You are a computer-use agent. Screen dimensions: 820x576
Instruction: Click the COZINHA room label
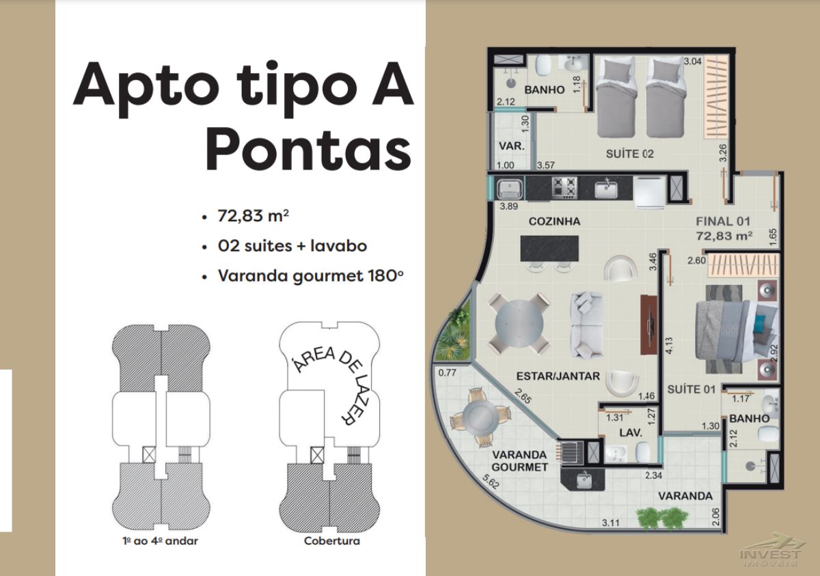(x=554, y=221)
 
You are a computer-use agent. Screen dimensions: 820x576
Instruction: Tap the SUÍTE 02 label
(x=629, y=154)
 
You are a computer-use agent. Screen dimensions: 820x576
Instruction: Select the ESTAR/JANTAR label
(x=558, y=376)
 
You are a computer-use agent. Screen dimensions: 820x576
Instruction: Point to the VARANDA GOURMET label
(x=519, y=461)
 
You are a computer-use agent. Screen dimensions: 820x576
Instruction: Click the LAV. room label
(x=631, y=433)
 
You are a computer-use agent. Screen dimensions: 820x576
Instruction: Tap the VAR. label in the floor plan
(x=511, y=146)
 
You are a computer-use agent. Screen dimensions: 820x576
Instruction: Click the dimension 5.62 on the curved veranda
(x=491, y=482)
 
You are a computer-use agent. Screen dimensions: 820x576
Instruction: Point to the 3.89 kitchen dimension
(x=509, y=206)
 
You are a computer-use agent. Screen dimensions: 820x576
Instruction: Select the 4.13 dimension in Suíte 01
(x=669, y=346)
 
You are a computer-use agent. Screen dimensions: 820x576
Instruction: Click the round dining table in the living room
(x=519, y=323)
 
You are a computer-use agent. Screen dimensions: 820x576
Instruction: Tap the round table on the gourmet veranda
(x=480, y=417)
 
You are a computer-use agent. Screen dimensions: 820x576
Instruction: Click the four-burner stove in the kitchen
(x=564, y=187)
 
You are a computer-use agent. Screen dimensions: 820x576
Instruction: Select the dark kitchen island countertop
(x=549, y=249)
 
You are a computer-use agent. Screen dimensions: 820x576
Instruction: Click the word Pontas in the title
(x=308, y=150)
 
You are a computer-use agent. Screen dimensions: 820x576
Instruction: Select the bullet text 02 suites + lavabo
(x=292, y=246)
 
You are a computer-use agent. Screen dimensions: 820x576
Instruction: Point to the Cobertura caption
(x=331, y=541)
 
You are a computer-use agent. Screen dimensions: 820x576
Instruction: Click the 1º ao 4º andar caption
(x=160, y=541)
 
